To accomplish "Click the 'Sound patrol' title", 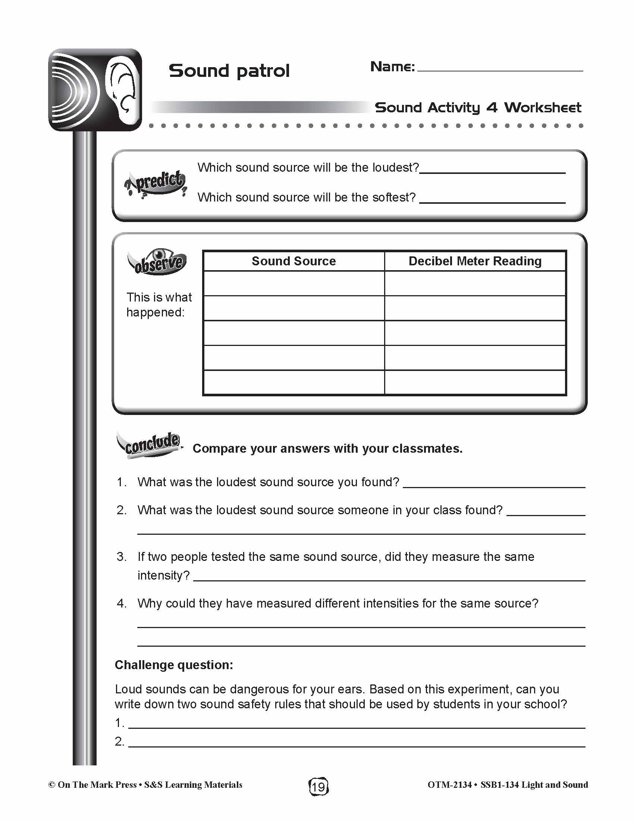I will [229, 71].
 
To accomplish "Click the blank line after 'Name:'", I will [499, 69].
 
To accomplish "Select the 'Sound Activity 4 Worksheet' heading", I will [478, 107].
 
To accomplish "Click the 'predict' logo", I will [156, 183].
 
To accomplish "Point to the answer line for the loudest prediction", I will [492, 171].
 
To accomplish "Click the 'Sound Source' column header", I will [294, 261].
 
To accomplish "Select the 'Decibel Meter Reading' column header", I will [475, 261].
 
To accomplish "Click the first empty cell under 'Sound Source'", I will [294, 284].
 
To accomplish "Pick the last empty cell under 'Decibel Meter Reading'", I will [475, 382].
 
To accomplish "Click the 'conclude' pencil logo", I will [150, 445].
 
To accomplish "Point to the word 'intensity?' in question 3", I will [164, 575].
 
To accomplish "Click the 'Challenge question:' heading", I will [174, 665].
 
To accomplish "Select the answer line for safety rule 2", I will [357, 745].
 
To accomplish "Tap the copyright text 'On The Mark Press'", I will [97, 785].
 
